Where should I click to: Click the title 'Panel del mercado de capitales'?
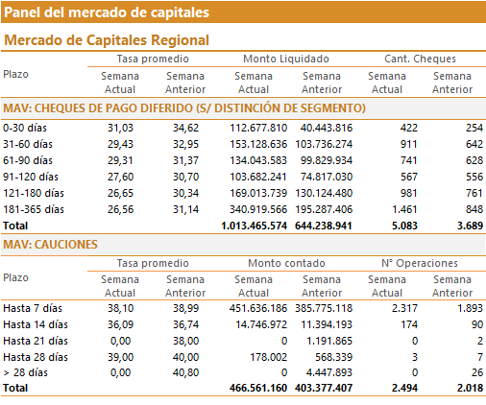tap(107, 12)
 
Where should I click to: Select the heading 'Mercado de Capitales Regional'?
tap(107, 40)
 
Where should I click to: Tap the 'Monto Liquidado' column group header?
tap(286, 59)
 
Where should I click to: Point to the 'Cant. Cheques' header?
tap(420, 59)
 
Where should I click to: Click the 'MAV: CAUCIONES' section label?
tap(50, 245)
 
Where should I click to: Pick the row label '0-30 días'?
tap(25, 128)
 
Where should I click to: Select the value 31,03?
tap(120, 128)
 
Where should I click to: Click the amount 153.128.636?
tap(258, 144)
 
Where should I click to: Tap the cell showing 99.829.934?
tap(327, 160)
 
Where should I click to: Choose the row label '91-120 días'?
tap(31, 177)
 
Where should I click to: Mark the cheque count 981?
tap(409, 193)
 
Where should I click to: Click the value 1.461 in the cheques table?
tap(404, 209)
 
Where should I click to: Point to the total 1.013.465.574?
tap(255, 226)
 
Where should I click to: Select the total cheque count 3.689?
tap(470, 226)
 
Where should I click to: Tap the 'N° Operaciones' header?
tap(420, 263)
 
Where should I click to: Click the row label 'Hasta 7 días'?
tap(33, 308)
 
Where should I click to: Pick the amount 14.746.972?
tap(261, 324)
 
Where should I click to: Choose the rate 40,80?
tap(185, 372)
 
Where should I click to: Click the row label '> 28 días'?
tap(25, 372)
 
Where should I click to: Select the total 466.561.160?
tap(258, 388)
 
